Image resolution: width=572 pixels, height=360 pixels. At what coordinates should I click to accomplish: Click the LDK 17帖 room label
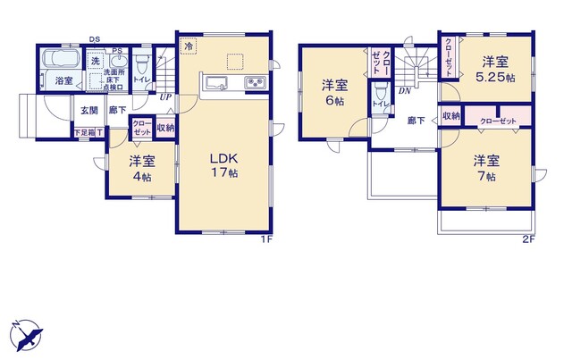tap(224, 164)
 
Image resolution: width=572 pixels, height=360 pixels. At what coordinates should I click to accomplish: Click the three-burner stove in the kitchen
tap(253, 85)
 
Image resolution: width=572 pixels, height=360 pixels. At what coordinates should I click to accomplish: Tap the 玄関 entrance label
tap(88, 111)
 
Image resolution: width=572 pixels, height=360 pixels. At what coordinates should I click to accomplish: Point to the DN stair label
tap(404, 89)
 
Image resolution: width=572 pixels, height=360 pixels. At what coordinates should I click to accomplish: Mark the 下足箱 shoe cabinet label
tap(87, 133)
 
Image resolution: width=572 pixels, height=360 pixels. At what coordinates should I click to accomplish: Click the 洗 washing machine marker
tap(94, 61)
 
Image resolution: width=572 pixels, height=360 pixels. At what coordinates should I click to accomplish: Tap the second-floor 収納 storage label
tap(450, 116)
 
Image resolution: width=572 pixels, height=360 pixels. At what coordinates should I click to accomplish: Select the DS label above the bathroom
tap(94, 40)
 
